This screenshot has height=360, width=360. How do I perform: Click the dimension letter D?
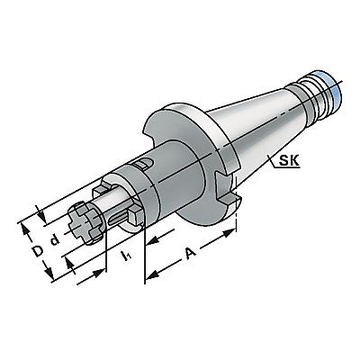click(38, 251)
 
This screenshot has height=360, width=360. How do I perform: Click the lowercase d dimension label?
click(55, 240)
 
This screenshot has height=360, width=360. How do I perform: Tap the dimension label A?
click(191, 253)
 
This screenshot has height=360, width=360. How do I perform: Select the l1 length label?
click(125, 256)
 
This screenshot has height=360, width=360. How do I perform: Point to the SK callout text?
click(289, 161)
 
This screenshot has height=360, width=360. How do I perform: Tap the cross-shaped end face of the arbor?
click(84, 223)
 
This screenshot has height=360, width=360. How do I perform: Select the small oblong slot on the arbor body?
click(144, 164)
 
